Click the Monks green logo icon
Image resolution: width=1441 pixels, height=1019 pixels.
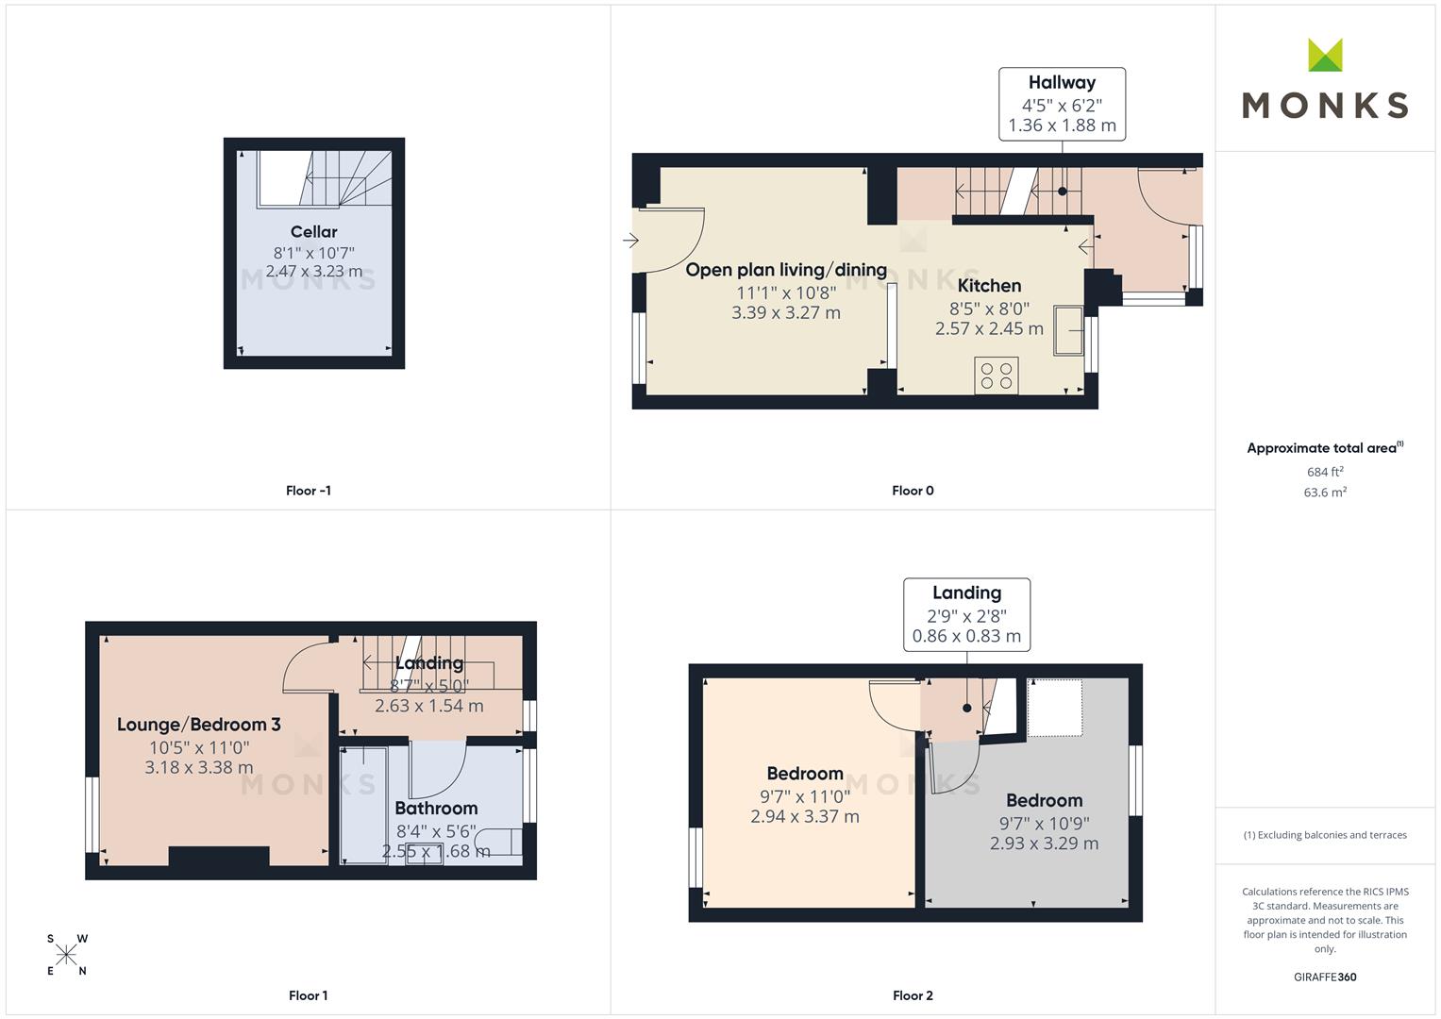[x=1325, y=56]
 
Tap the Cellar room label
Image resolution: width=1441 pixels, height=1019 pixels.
[x=313, y=232]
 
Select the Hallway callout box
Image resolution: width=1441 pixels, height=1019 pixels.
[x=1062, y=104]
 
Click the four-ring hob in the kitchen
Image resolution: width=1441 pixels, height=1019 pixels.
[x=996, y=376]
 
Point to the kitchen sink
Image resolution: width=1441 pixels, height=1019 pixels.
[x=1068, y=329]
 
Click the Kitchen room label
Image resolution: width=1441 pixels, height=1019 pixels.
[x=989, y=286]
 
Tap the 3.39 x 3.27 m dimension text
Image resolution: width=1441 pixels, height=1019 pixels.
[x=785, y=312]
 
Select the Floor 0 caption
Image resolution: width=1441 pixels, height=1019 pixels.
[x=913, y=491]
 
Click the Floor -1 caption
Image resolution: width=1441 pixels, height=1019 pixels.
[x=308, y=491]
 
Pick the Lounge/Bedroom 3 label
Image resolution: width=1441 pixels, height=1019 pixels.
[x=198, y=725]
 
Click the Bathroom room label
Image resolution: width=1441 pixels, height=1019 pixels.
[x=436, y=809]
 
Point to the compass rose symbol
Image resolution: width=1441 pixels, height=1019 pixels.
[x=66, y=956]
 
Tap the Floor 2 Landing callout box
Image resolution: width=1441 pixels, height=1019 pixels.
[x=966, y=614]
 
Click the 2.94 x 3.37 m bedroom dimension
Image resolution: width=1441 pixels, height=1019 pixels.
[x=804, y=817]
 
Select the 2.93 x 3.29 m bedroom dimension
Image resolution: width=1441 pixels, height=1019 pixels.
[x=1044, y=844]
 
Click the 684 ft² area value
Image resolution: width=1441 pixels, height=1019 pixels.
[x=1325, y=472]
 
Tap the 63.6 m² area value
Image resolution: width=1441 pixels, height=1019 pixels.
[x=1325, y=493]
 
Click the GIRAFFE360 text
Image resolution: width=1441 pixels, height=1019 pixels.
[x=1325, y=977]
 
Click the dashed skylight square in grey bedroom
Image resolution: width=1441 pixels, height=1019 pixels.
[x=1054, y=708]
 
